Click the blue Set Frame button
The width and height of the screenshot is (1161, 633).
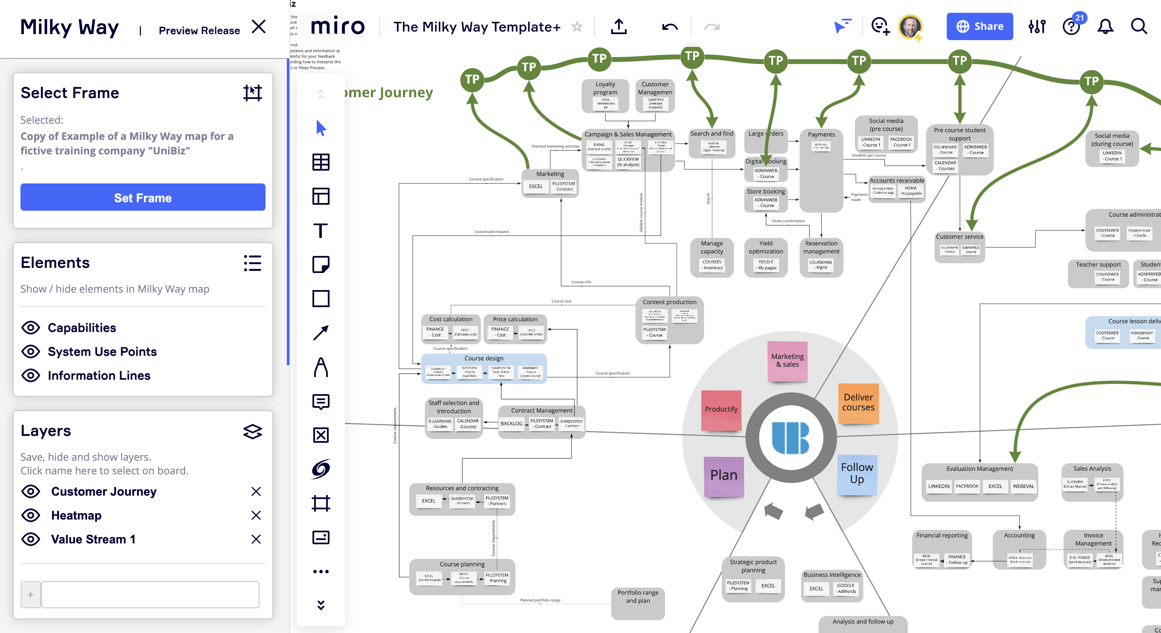(143, 197)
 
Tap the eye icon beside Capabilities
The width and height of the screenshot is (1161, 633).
(31, 328)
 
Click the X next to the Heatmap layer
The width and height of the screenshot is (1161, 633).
(256, 515)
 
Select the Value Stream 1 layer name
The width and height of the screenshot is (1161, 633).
(93, 539)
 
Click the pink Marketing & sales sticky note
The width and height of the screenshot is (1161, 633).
(787, 360)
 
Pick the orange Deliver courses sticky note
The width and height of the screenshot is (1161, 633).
(858, 402)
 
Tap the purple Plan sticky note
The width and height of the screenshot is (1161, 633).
(723, 475)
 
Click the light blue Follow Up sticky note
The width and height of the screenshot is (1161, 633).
(857, 473)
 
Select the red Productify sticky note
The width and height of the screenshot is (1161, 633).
(721, 409)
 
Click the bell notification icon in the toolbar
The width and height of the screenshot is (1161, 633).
(1105, 26)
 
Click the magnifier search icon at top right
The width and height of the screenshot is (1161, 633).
(1138, 26)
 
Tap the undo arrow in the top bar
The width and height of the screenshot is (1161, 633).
(670, 27)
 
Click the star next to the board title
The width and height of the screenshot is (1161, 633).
(577, 26)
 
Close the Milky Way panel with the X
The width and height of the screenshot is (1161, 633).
(259, 26)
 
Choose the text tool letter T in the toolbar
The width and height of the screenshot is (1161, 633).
(321, 230)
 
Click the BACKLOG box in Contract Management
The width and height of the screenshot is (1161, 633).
(511, 424)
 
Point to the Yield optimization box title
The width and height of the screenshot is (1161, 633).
(765, 247)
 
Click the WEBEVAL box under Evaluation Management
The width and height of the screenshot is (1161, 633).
(1023, 486)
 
